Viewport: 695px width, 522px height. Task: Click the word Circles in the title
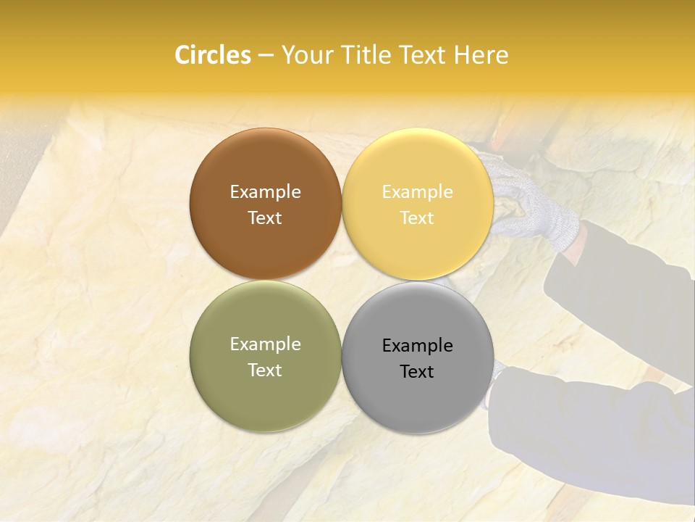(x=213, y=55)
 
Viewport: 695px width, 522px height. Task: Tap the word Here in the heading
(x=481, y=55)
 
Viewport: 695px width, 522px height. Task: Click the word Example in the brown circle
(x=265, y=191)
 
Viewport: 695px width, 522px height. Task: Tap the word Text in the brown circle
(x=265, y=217)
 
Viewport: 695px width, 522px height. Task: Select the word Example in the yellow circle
(x=417, y=191)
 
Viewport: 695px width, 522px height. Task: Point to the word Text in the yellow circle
(x=417, y=217)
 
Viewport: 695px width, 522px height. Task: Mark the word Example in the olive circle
(x=265, y=344)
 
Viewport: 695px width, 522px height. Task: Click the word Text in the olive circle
(x=265, y=370)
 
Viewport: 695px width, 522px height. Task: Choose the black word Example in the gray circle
(x=417, y=345)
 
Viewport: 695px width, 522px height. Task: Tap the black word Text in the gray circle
(x=417, y=371)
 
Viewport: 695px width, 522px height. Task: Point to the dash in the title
(x=266, y=56)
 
